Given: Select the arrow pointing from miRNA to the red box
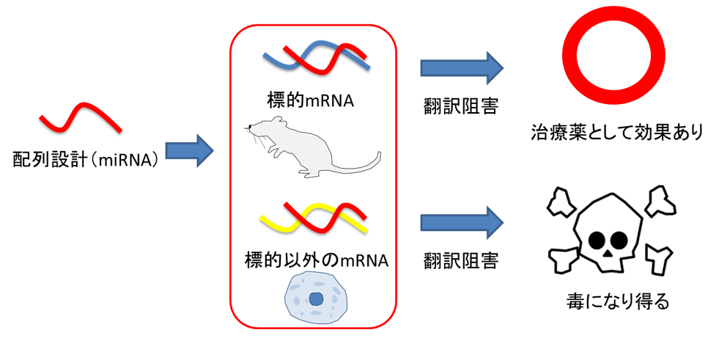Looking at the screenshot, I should coord(188,153).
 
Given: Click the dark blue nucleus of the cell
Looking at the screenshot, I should coord(317,298).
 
